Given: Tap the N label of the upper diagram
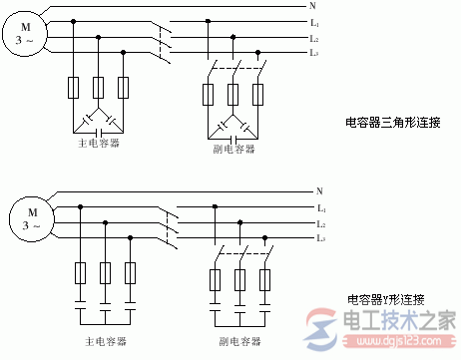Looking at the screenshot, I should tap(312, 6).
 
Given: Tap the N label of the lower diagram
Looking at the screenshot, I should tap(319, 190).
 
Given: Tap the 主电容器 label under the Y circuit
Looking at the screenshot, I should tap(104, 341).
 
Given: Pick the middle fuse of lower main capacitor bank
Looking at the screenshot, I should tap(105, 272).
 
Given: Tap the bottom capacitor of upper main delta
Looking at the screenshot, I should tap(98, 131).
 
